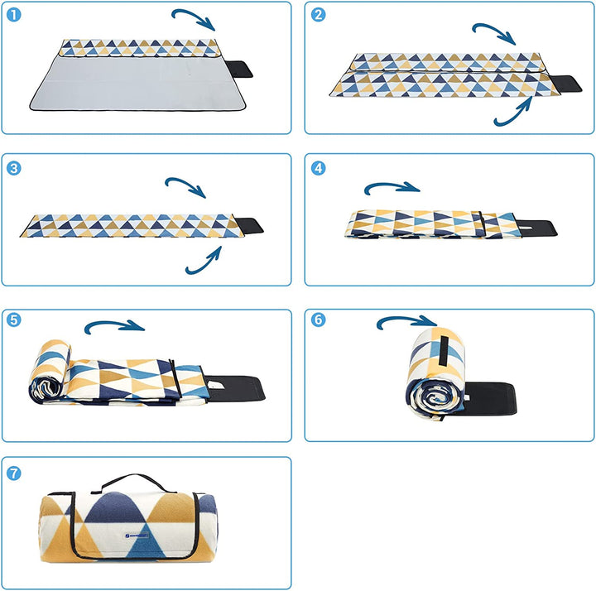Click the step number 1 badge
pos(14,15)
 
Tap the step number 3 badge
pos(14,168)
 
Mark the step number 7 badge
pos(14,473)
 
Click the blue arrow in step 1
pos(194,18)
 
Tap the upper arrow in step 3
pos(186,185)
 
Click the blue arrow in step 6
pos(406,321)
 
